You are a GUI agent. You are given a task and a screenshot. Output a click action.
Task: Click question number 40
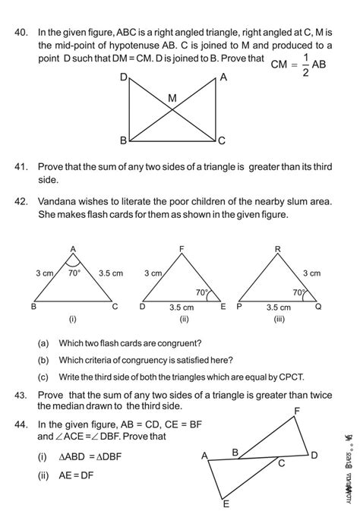[x=21, y=33]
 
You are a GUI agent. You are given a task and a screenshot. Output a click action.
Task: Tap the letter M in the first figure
[x=172, y=98]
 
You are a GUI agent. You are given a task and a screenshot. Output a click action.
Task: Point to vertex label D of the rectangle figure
[x=123, y=78]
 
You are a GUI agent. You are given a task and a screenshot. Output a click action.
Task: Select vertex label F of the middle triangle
[x=182, y=249]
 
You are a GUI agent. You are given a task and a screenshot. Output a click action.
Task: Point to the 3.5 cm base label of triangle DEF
[x=181, y=308]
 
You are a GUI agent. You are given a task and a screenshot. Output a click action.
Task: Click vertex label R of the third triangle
[x=278, y=249]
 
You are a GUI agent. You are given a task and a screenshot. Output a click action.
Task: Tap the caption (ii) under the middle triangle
[x=183, y=320]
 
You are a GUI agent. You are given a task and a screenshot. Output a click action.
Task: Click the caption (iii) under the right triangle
[x=280, y=320]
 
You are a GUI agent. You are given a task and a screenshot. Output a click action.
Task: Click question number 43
[x=21, y=395]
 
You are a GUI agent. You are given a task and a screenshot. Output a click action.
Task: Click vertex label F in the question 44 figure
[x=296, y=411]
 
